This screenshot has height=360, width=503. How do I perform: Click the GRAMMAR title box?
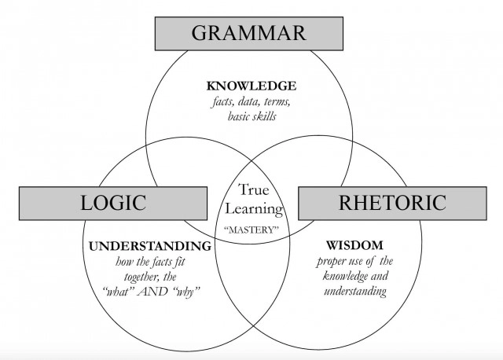(249, 34)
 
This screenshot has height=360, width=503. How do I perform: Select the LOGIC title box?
(113, 203)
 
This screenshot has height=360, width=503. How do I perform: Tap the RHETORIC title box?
(392, 203)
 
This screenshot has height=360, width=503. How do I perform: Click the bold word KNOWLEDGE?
(251, 86)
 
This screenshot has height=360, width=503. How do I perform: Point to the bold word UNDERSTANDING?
(150, 246)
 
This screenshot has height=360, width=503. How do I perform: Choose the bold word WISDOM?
(354, 245)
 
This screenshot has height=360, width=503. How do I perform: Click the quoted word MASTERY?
(251, 230)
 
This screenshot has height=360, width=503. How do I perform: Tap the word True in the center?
(253, 189)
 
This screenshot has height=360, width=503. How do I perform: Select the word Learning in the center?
(254, 208)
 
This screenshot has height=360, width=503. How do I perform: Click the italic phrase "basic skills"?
(251, 116)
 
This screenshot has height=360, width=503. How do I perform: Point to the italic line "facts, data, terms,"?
(251, 101)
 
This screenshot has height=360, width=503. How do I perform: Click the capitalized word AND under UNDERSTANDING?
(152, 292)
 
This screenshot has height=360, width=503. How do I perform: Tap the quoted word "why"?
(186, 292)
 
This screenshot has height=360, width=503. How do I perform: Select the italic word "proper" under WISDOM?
(330, 262)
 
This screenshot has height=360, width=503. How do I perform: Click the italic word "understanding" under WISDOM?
(355, 292)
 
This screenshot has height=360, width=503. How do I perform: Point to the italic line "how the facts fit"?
(150, 262)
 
